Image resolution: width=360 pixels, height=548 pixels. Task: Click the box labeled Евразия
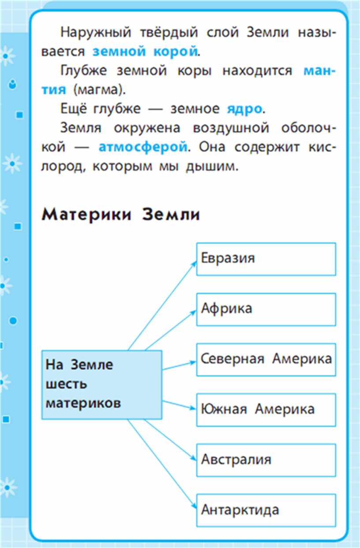pyautogui.click(x=266, y=259)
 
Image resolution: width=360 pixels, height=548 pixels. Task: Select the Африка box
pyautogui.click(x=266, y=310)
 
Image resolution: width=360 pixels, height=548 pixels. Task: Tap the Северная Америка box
pyautogui.click(x=266, y=359)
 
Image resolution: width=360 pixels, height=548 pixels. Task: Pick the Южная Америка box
pyautogui.click(x=266, y=410)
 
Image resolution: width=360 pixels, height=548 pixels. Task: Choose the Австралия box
pyautogui.click(x=266, y=461)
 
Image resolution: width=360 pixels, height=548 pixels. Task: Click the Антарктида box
pyautogui.click(x=266, y=510)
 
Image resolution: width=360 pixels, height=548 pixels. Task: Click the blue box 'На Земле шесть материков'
pyautogui.click(x=101, y=385)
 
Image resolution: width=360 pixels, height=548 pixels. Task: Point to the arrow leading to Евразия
pyautogui.click(x=162, y=306)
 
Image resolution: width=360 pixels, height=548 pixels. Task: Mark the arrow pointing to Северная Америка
pyautogui.click(x=179, y=366)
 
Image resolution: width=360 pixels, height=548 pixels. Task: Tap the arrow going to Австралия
pyautogui.click(x=171, y=440)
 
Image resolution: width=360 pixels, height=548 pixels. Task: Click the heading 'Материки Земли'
pyautogui.click(x=121, y=215)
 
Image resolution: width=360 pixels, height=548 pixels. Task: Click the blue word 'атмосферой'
pyautogui.click(x=143, y=147)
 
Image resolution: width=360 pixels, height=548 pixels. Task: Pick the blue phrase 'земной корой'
pyautogui.click(x=145, y=51)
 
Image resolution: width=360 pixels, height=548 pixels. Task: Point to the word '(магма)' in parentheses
pyautogui.click(x=99, y=90)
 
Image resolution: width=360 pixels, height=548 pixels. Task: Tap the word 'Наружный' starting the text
pyautogui.click(x=96, y=33)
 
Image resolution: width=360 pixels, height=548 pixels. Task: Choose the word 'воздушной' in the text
pyautogui.click(x=231, y=128)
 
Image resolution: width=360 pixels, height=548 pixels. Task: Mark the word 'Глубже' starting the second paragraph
pyautogui.click(x=83, y=71)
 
